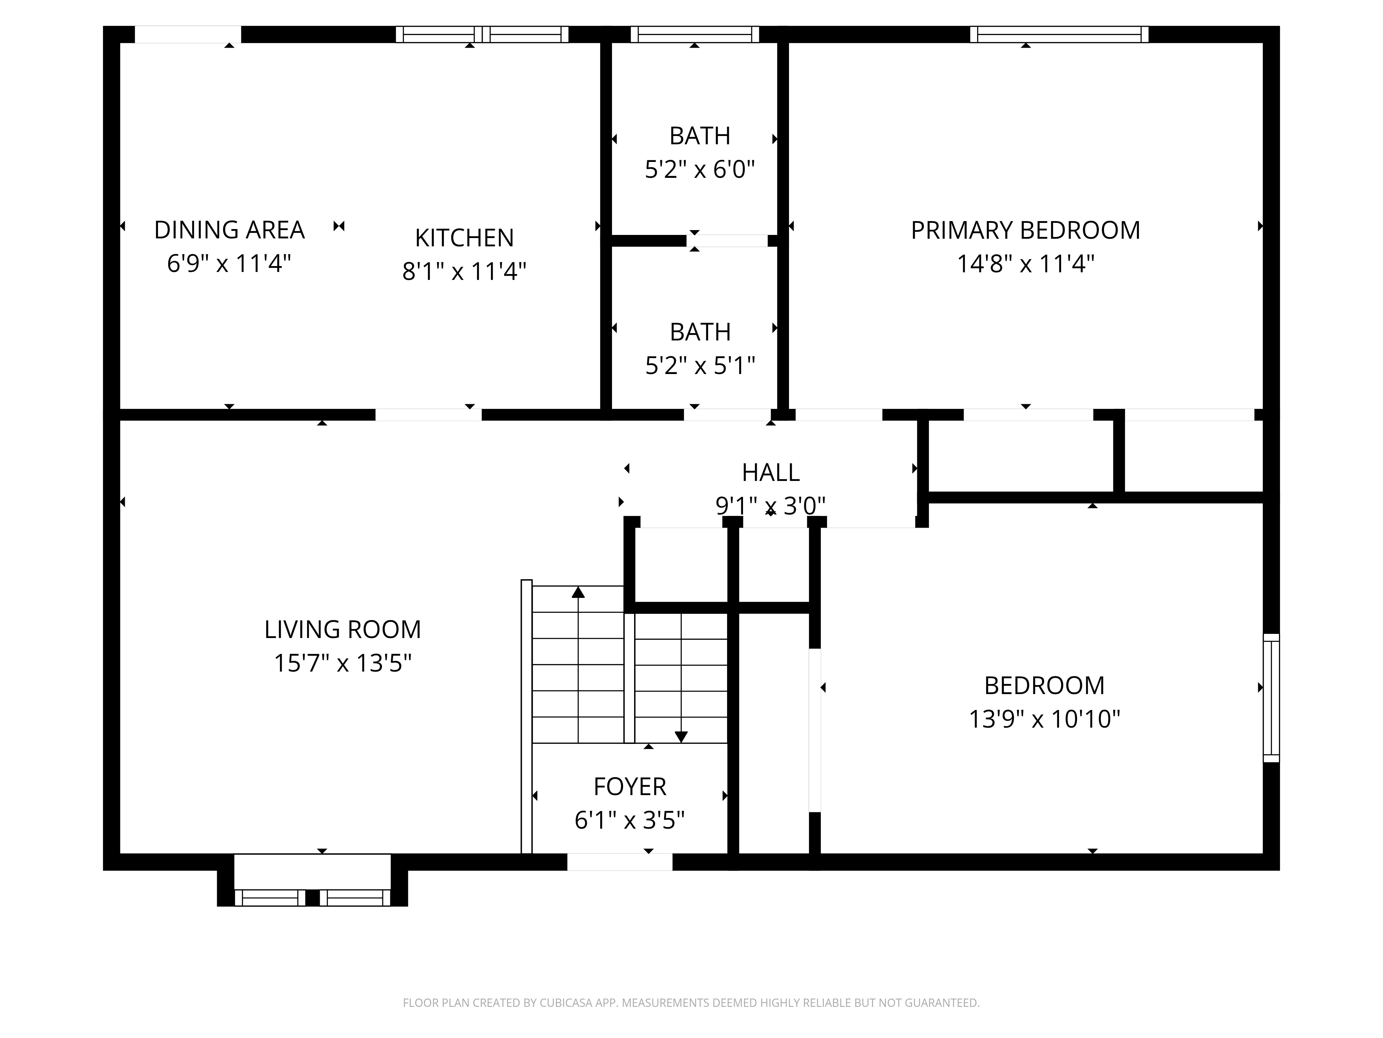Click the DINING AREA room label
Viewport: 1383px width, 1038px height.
tap(230, 230)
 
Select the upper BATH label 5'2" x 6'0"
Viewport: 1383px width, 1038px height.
tap(700, 136)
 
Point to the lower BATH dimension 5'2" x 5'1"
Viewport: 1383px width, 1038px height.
tap(700, 365)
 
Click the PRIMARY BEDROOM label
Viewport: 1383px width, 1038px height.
tap(1025, 230)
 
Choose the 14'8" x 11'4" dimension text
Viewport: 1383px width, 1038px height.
tap(1025, 264)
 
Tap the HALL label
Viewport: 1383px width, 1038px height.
tap(770, 472)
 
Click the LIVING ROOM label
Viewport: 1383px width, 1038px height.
tap(343, 629)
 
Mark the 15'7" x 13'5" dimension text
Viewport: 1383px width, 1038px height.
tap(343, 663)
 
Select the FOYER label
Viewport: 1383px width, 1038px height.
tap(630, 786)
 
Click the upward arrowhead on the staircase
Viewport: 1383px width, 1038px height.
tap(578, 592)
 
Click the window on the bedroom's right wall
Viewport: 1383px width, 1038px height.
tap(1271, 698)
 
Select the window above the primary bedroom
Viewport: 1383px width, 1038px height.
tap(1059, 34)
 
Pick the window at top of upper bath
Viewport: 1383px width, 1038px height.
tap(695, 34)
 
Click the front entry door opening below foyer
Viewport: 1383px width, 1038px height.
tap(620, 862)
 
